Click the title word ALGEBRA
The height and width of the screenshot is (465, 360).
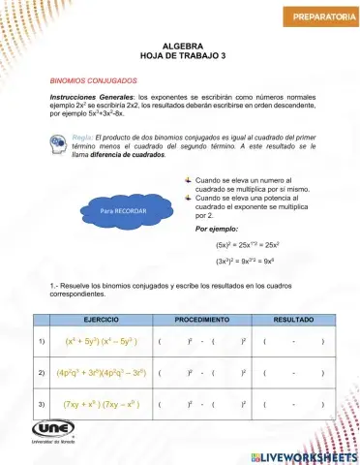(182, 46)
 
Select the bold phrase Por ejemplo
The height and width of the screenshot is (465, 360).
(218, 229)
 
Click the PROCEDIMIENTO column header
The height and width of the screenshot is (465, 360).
(201, 319)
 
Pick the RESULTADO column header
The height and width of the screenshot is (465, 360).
(292, 319)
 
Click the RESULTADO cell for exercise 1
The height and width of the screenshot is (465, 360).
(292, 341)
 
